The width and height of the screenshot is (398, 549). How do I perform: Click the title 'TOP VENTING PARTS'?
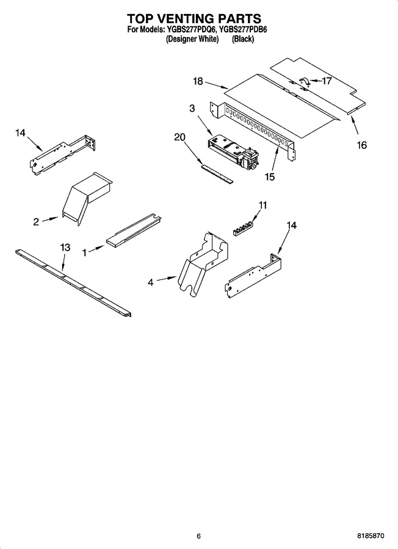[194, 18]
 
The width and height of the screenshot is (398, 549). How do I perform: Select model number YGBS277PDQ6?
[190, 29]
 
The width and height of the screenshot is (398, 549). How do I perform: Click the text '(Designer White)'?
[192, 39]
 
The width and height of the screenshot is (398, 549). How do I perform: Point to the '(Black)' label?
[243, 39]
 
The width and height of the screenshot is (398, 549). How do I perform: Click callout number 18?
[198, 81]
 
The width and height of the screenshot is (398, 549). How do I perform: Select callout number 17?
[327, 81]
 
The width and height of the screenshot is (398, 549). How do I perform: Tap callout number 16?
[361, 145]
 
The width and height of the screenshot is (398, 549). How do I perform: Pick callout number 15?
[270, 177]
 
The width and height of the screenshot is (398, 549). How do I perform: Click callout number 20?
[179, 137]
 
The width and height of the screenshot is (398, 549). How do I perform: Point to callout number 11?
[262, 205]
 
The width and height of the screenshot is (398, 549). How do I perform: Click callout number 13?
[65, 247]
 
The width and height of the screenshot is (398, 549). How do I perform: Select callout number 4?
[151, 282]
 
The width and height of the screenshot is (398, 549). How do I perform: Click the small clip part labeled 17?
[304, 81]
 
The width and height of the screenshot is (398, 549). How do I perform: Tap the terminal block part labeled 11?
[244, 228]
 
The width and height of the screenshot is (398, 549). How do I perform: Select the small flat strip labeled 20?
[217, 174]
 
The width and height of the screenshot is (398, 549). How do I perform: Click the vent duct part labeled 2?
[87, 198]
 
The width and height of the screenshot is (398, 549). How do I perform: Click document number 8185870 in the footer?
[371, 536]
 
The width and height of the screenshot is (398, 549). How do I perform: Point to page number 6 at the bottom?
[198, 536]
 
